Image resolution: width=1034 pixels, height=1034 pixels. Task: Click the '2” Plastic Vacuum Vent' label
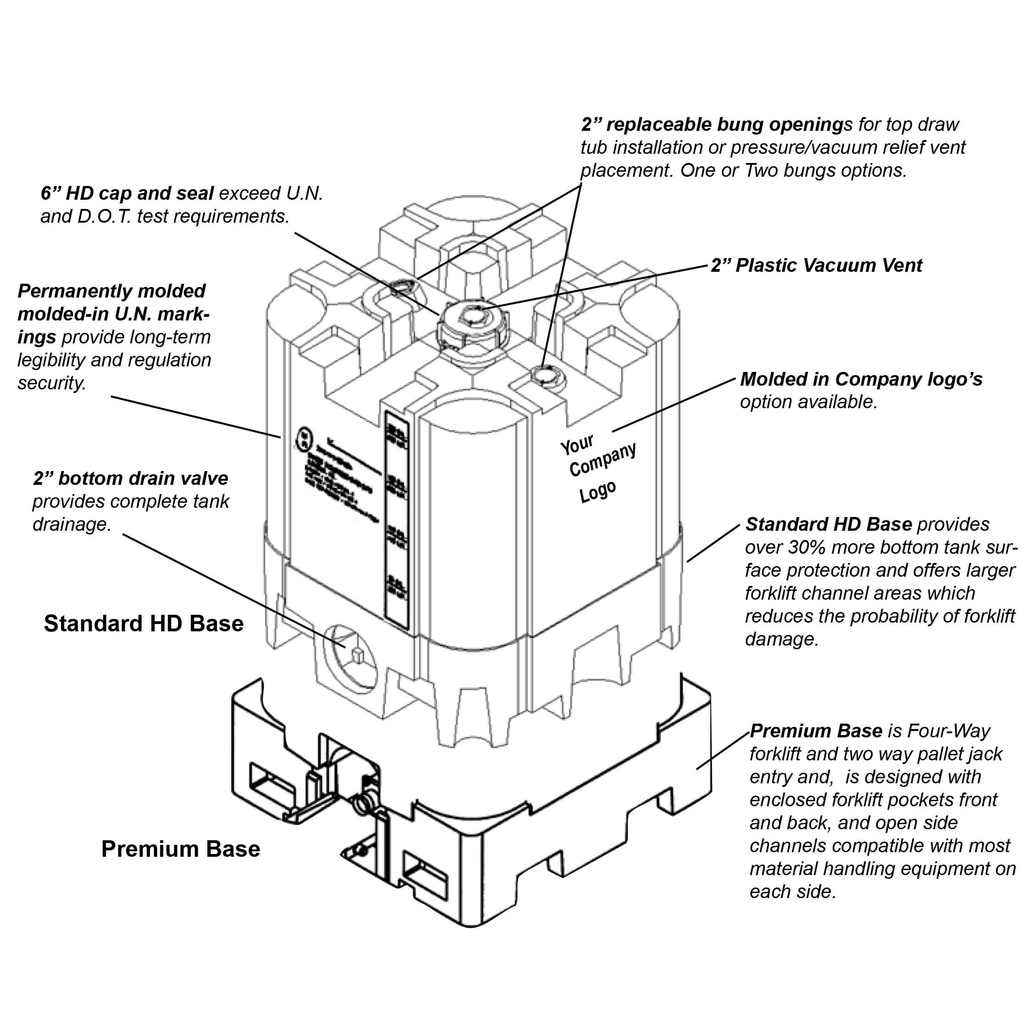pos(816,265)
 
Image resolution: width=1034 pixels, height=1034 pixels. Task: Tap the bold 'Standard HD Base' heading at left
pos(143,624)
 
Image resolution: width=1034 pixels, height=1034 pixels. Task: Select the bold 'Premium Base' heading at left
pos(180,849)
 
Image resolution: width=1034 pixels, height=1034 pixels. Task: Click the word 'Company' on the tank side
pos(603,459)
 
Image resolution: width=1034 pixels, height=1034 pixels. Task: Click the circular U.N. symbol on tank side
pos(303,439)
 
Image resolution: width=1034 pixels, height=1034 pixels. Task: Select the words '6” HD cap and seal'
pos(127,193)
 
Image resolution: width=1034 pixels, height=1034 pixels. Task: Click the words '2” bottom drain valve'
pos(130,478)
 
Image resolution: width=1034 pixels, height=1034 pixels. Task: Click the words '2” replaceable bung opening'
pos(712,125)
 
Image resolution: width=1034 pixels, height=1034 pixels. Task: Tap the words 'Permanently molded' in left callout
pos(111,291)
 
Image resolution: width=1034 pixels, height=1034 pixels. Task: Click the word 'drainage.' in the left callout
pos(72,524)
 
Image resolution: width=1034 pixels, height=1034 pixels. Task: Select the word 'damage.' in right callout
pos(782,639)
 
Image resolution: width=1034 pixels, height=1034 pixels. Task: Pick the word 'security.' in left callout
pos(52,383)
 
